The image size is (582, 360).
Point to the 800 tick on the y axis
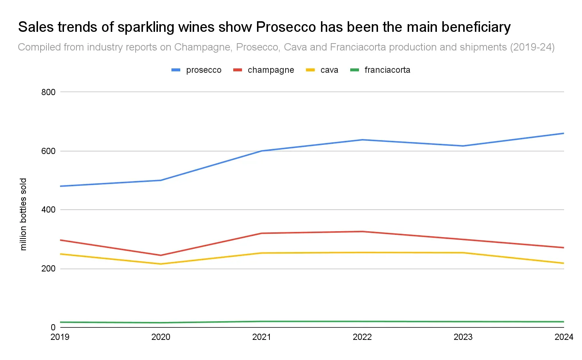[48, 92]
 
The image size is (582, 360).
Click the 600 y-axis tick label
[48, 151]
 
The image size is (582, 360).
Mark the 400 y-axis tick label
[48, 210]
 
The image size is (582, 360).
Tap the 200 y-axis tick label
[48, 269]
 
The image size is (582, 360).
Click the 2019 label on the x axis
[60, 337]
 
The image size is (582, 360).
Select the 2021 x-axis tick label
[262, 337]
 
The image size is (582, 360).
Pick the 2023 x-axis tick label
[463, 337]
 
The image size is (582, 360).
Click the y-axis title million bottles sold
[23, 214]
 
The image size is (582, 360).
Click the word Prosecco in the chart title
[286, 27]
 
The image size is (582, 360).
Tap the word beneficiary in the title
[476, 27]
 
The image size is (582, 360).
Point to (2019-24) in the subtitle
[532, 47]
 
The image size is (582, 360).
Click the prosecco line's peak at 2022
[362, 140]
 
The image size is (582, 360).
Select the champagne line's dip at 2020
[161, 255]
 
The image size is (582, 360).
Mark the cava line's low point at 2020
[161, 264]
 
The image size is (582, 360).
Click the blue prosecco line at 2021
[262, 151]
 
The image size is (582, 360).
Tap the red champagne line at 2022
[362, 232]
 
